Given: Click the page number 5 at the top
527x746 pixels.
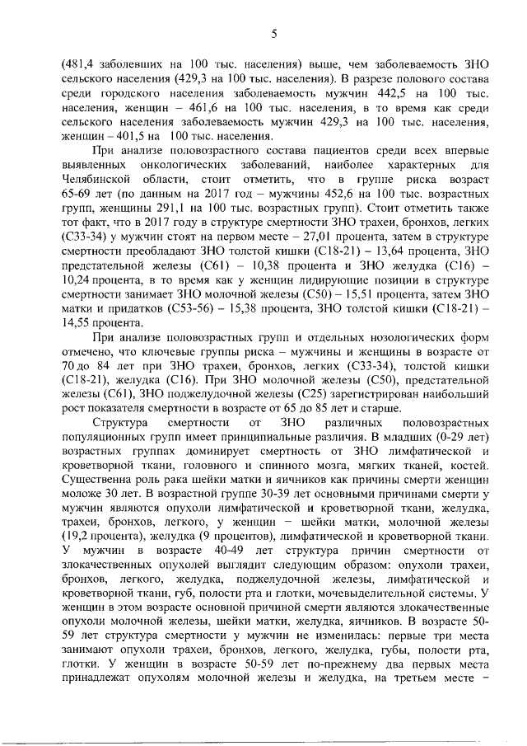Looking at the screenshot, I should pos(273,32).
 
